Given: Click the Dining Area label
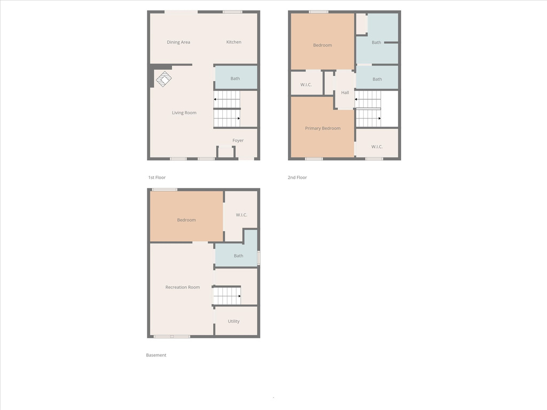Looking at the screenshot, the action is [178, 42].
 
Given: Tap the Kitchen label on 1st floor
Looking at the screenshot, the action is [234, 42].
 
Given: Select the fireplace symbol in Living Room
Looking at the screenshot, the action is [163, 79].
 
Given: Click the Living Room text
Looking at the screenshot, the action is [184, 113].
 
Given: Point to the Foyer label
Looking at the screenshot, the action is [238, 140].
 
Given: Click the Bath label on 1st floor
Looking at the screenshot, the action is [235, 78].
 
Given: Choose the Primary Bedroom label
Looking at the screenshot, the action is [323, 128].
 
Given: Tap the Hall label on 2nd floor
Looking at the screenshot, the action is [345, 92].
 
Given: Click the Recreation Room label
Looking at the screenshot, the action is [183, 287].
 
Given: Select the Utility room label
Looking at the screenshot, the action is [234, 321].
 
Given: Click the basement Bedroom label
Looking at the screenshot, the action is [186, 220].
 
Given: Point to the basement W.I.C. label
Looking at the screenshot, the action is [241, 215].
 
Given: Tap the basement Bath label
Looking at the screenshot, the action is [239, 256].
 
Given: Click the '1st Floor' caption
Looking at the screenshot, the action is [157, 177].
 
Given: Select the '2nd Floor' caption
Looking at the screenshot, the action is [297, 177].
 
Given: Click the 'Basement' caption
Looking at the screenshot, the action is [156, 355].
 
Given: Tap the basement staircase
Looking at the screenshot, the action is [226, 296].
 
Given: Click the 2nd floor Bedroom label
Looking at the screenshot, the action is [322, 45].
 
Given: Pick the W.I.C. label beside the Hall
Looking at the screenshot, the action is [306, 85].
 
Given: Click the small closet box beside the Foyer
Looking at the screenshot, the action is [226, 152].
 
